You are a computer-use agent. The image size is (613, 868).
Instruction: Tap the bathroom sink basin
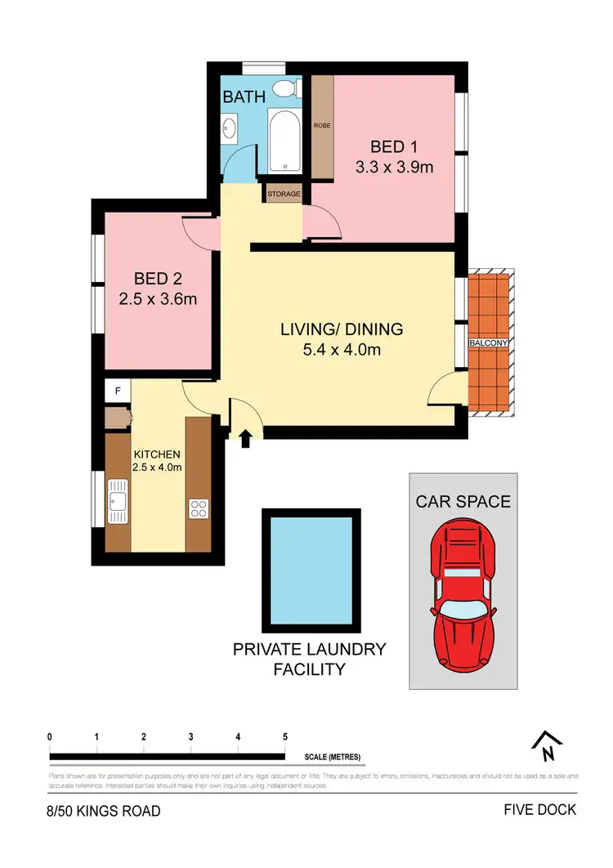[230, 128]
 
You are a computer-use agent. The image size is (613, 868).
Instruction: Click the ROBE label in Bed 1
[322, 126]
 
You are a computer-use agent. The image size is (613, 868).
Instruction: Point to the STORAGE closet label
[282, 195]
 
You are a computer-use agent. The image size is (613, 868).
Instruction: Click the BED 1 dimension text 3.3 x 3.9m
[393, 168]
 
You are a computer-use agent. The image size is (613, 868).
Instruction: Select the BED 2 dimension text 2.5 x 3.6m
[158, 299]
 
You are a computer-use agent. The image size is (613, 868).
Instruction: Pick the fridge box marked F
[118, 391]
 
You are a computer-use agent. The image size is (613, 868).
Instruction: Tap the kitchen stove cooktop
[199, 508]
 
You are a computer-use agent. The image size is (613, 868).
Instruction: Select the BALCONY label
[489, 343]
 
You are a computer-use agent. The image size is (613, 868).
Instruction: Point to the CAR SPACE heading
[463, 501]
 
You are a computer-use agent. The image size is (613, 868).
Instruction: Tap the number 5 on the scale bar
[285, 737]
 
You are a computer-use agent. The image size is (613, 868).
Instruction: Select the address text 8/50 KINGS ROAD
[103, 811]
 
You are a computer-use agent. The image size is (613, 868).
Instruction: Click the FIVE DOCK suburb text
[540, 810]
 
